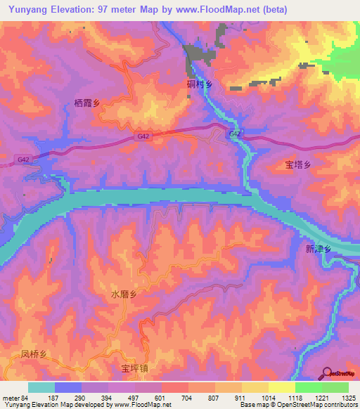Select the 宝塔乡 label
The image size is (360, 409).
tap(297, 166)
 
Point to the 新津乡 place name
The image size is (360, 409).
tap(318, 249)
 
